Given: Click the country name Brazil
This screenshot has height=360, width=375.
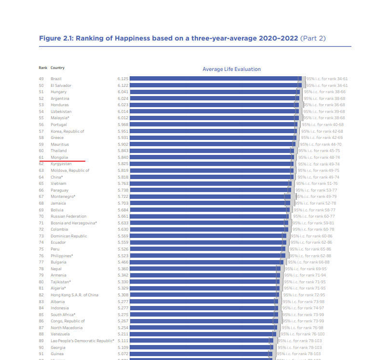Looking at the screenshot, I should [x=56, y=79].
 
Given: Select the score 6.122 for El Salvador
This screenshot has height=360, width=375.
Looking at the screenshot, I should [x=122, y=85].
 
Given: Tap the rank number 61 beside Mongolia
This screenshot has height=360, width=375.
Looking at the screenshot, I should [x=41, y=157].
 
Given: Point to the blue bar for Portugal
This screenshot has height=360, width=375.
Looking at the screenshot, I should [x=212, y=125].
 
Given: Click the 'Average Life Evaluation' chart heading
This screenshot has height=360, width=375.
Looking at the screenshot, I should [x=231, y=69].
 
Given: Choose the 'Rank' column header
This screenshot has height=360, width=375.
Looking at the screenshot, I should [x=43, y=68].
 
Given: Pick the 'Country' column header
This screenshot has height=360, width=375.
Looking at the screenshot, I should [x=57, y=68].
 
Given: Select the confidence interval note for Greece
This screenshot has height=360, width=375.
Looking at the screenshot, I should [x=322, y=138].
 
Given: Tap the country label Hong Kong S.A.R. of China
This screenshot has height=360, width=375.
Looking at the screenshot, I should [x=74, y=295].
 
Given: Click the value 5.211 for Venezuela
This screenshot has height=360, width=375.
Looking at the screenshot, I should [x=122, y=334].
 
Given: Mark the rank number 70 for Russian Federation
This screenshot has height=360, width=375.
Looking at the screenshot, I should [x=41, y=216].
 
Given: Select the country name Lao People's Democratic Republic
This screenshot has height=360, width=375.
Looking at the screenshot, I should [x=82, y=341].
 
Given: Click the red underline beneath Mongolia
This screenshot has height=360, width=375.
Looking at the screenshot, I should [x=62, y=161].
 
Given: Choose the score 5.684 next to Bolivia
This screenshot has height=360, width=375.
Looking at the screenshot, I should [x=122, y=210].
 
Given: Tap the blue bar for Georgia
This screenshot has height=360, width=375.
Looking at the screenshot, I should [x=200, y=347].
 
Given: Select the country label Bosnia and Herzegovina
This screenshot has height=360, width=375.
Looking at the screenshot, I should [x=74, y=223].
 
